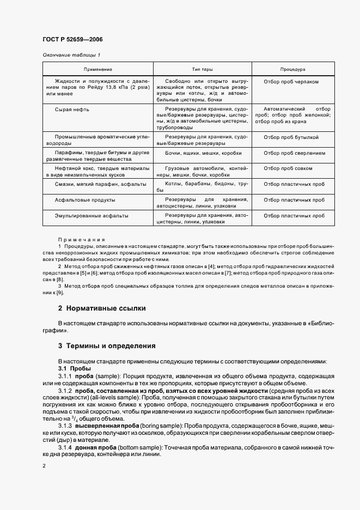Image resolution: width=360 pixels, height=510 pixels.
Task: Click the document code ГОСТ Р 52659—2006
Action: [72, 40]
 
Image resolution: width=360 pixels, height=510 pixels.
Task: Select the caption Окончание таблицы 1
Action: [71, 55]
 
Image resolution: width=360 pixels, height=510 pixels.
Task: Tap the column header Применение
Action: [97, 70]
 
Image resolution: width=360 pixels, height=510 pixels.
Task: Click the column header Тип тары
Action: [202, 70]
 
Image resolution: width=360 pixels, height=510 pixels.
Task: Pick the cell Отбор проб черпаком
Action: [291, 81]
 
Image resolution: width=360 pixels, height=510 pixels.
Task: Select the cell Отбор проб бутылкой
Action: [291, 138]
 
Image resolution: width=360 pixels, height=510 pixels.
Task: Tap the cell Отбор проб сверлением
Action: [295, 154]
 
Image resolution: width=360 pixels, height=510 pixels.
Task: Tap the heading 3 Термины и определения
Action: [107, 346]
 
